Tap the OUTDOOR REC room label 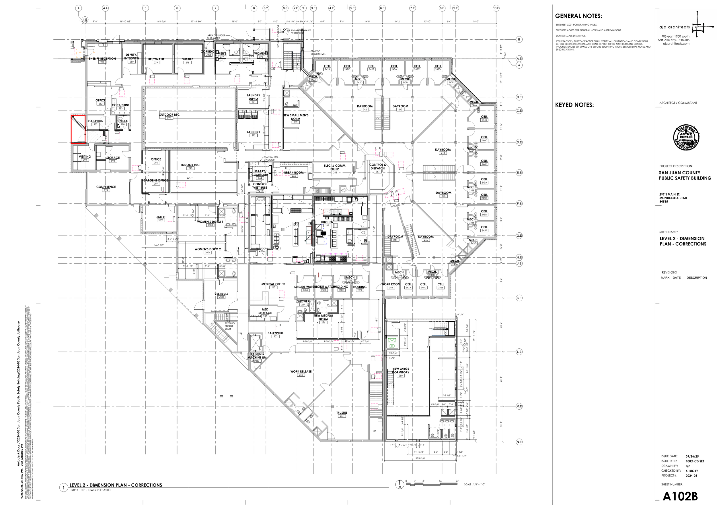click(x=169, y=115)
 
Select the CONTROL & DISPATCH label click(x=378, y=167)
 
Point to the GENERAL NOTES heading click(x=578, y=16)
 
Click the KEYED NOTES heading click(x=574, y=105)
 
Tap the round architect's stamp click(x=686, y=138)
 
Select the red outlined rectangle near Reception click(x=78, y=129)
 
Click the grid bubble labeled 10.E click(x=496, y=8)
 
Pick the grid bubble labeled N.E click(x=519, y=442)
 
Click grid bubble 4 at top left click(x=79, y=8)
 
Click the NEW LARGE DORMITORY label click(x=401, y=370)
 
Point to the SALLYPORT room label click(x=275, y=333)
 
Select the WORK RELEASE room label click(x=301, y=371)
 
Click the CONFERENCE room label click(x=106, y=187)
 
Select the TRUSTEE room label click(x=342, y=412)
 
